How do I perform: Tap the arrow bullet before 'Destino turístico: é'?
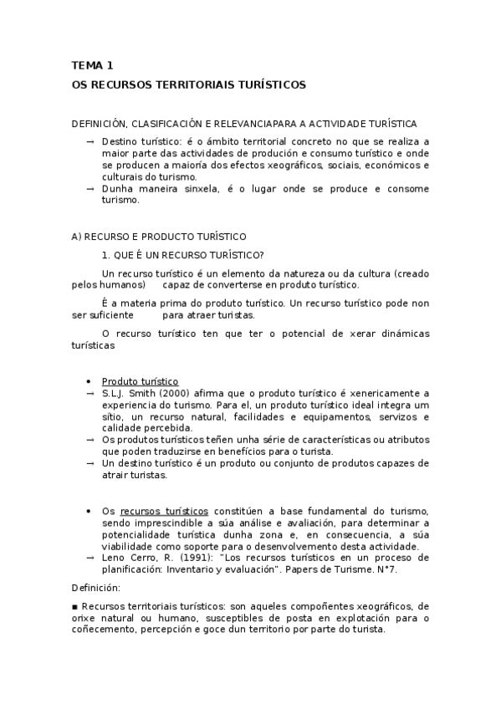tap(90, 142)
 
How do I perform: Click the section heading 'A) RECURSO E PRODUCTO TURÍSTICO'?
tap(159, 237)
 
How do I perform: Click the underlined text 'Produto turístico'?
tap(140, 381)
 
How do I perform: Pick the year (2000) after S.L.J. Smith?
tap(164, 393)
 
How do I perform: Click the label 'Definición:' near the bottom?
tap(96, 588)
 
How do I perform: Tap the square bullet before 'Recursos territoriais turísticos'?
tap(75, 606)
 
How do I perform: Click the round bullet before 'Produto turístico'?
tap(89, 381)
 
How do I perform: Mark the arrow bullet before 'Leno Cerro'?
tap(90, 558)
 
